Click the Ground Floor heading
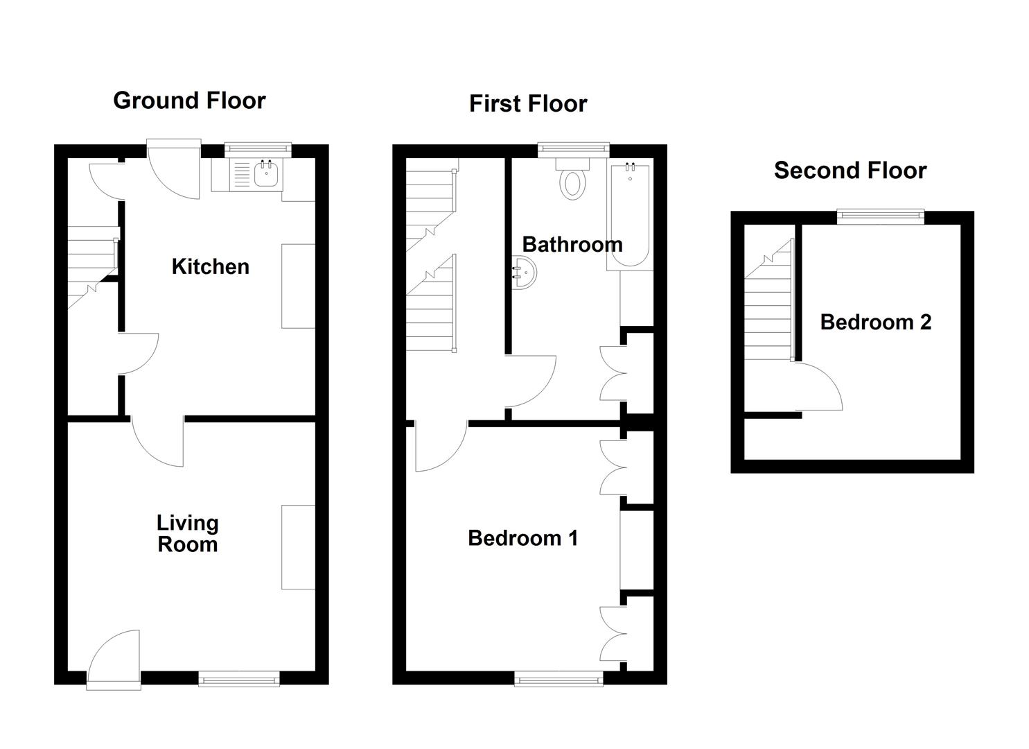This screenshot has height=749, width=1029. (x=189, y=101)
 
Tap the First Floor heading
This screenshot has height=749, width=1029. (x=528, y=103)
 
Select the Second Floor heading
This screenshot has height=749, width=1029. (x=850, y=170)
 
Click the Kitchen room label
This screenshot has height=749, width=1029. (x=210, y=266)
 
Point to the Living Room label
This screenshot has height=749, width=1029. (x=187, y=533)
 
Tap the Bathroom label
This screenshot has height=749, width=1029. (x=572, y=244)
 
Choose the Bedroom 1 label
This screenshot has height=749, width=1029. (x=522, y=537)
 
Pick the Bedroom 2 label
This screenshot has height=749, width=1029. (x=875, y=322)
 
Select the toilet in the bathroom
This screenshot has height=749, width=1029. (x=572, y=180)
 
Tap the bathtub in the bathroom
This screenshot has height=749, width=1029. (x=629, y=216)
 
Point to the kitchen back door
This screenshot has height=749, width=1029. (x=173, y=170)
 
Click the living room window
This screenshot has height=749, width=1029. (x=239, y=678)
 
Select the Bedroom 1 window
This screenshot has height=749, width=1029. (x=559, y=678)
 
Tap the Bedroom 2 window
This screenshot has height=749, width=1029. (x=881, y=217)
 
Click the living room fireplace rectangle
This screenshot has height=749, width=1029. (x=298, y=546)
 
